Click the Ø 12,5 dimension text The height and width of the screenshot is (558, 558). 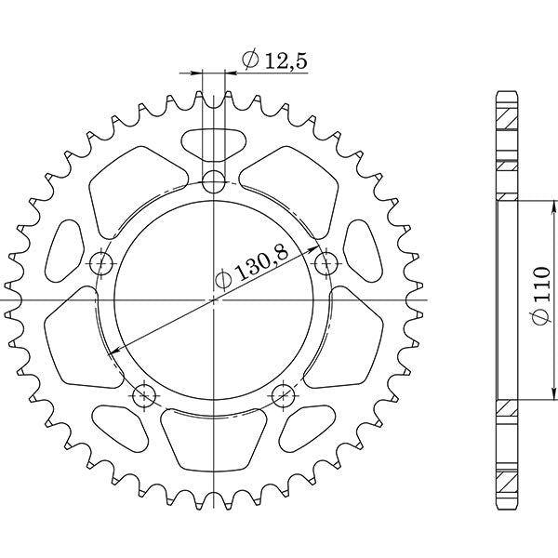pos(274,60)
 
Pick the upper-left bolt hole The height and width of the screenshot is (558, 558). pos(102,263)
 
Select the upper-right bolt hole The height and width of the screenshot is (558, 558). pos(325,263)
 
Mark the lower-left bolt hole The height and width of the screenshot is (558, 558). pos(143,396)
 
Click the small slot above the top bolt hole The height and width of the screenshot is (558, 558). pos(214,143)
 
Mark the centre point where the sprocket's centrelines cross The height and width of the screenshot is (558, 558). pos(215,299)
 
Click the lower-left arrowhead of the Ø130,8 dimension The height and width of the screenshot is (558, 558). pos(113,352)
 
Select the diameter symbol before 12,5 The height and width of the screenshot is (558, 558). pos(249,60)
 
